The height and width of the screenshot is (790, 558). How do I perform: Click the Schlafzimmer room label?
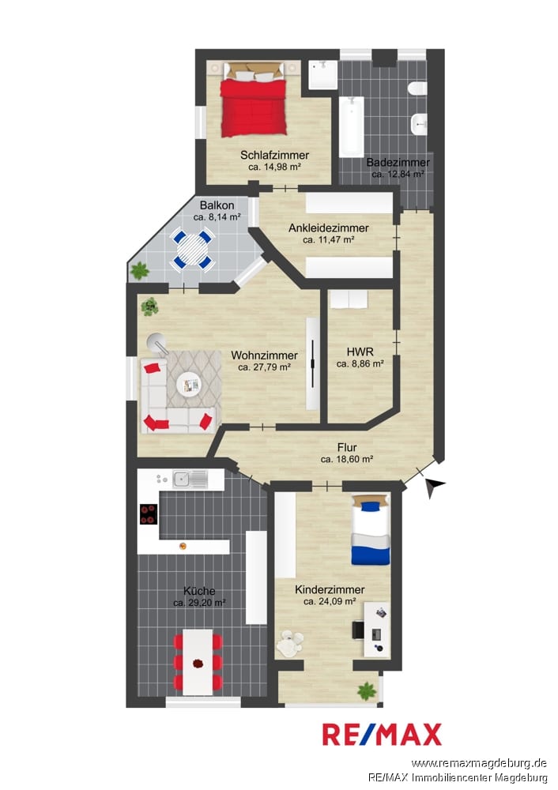[274, 155]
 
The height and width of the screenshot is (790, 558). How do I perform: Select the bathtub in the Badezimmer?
[352, 126]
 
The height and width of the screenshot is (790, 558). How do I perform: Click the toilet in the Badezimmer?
[418, 89]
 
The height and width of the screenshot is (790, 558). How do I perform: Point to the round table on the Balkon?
[192, 249]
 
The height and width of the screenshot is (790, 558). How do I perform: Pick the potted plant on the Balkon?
[139, 271]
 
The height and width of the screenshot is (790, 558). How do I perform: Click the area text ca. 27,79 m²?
[264, 368]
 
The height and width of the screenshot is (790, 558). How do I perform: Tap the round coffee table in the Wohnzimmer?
[190, 385]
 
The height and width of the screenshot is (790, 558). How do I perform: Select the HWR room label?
[360, 352]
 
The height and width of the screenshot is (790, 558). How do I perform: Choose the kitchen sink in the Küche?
[190, 480]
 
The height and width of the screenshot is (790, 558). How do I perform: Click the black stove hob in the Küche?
[149, 514]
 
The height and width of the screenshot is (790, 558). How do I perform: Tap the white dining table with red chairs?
[198, 662]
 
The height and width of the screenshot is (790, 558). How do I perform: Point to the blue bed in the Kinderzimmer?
[371, 529]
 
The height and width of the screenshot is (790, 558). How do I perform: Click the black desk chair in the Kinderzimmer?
[358, 630]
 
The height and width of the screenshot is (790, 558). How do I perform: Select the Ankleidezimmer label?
[328, 228]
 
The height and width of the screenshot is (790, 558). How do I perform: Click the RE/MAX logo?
[382, 735]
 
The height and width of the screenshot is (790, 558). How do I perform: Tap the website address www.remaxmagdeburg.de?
[479, 763]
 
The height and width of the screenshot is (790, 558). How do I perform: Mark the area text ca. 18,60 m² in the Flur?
[347, 460]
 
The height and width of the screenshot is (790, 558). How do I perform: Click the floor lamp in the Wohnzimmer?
[159, 344]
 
